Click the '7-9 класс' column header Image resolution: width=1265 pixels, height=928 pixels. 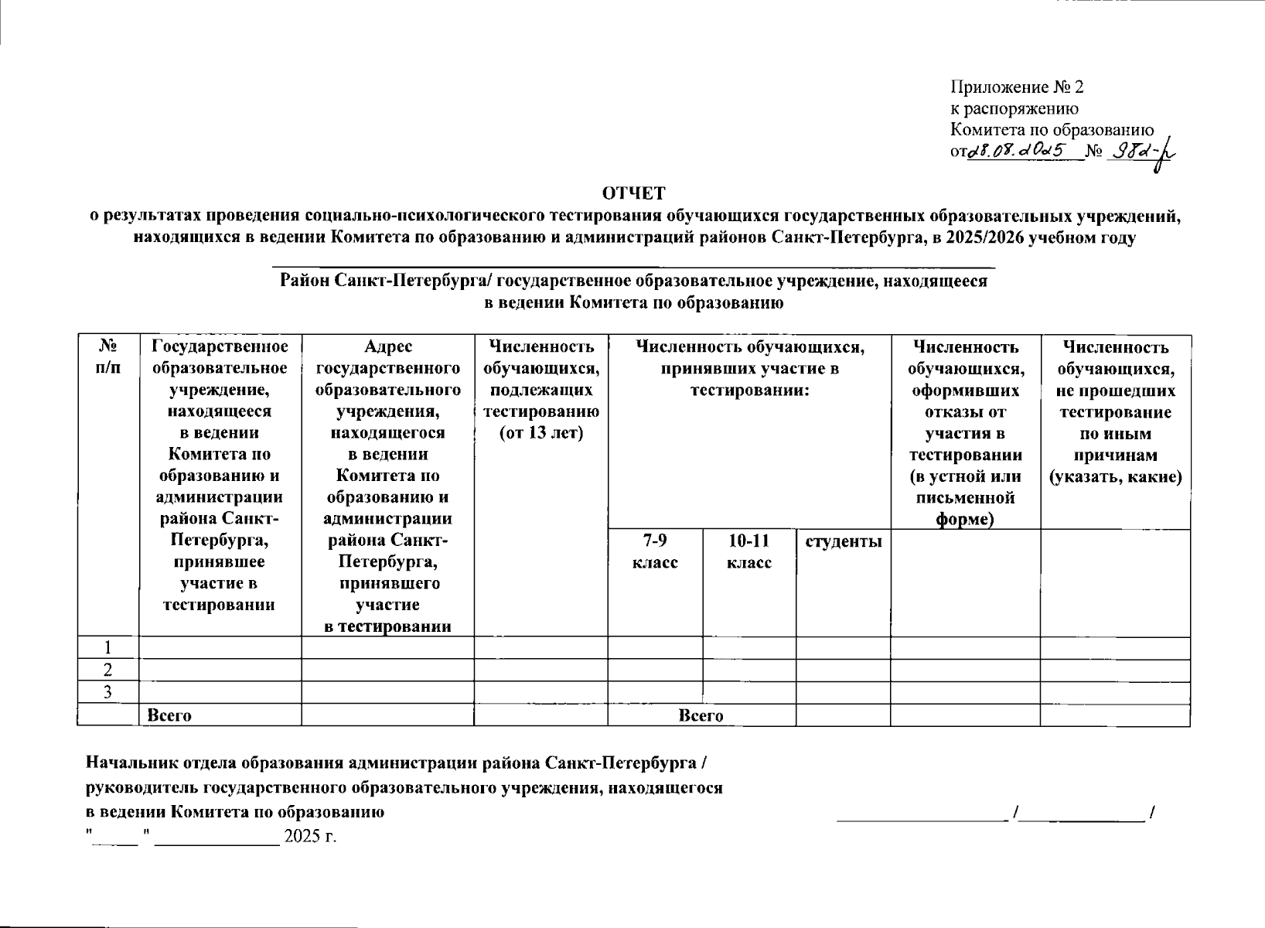coord(655,551)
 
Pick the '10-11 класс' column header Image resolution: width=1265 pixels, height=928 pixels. coord(748,551)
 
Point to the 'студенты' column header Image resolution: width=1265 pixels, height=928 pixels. coord(843,541)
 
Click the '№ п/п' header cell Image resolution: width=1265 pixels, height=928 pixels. coord(108,357)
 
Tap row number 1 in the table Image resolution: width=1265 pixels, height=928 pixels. coord(108,648)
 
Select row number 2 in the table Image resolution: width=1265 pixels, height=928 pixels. coord(108,670)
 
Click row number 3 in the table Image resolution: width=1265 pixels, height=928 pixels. coord(108,692)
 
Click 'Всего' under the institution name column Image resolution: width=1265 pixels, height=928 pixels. coord(169,715)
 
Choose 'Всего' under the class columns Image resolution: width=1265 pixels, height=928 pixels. coord(701,715)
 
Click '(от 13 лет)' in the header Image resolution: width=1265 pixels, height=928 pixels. coord(540,433)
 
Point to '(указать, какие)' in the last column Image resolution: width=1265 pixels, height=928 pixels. coord(1115,476)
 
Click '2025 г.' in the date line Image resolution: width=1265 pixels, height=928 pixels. coord(310,836)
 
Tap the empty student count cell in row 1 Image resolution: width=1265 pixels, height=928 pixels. coord(843,648)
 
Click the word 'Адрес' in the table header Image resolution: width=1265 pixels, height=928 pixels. coord(387,347)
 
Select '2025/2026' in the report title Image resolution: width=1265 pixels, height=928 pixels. coord(984,237)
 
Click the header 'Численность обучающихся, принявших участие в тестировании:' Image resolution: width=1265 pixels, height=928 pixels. coord(749,369)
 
